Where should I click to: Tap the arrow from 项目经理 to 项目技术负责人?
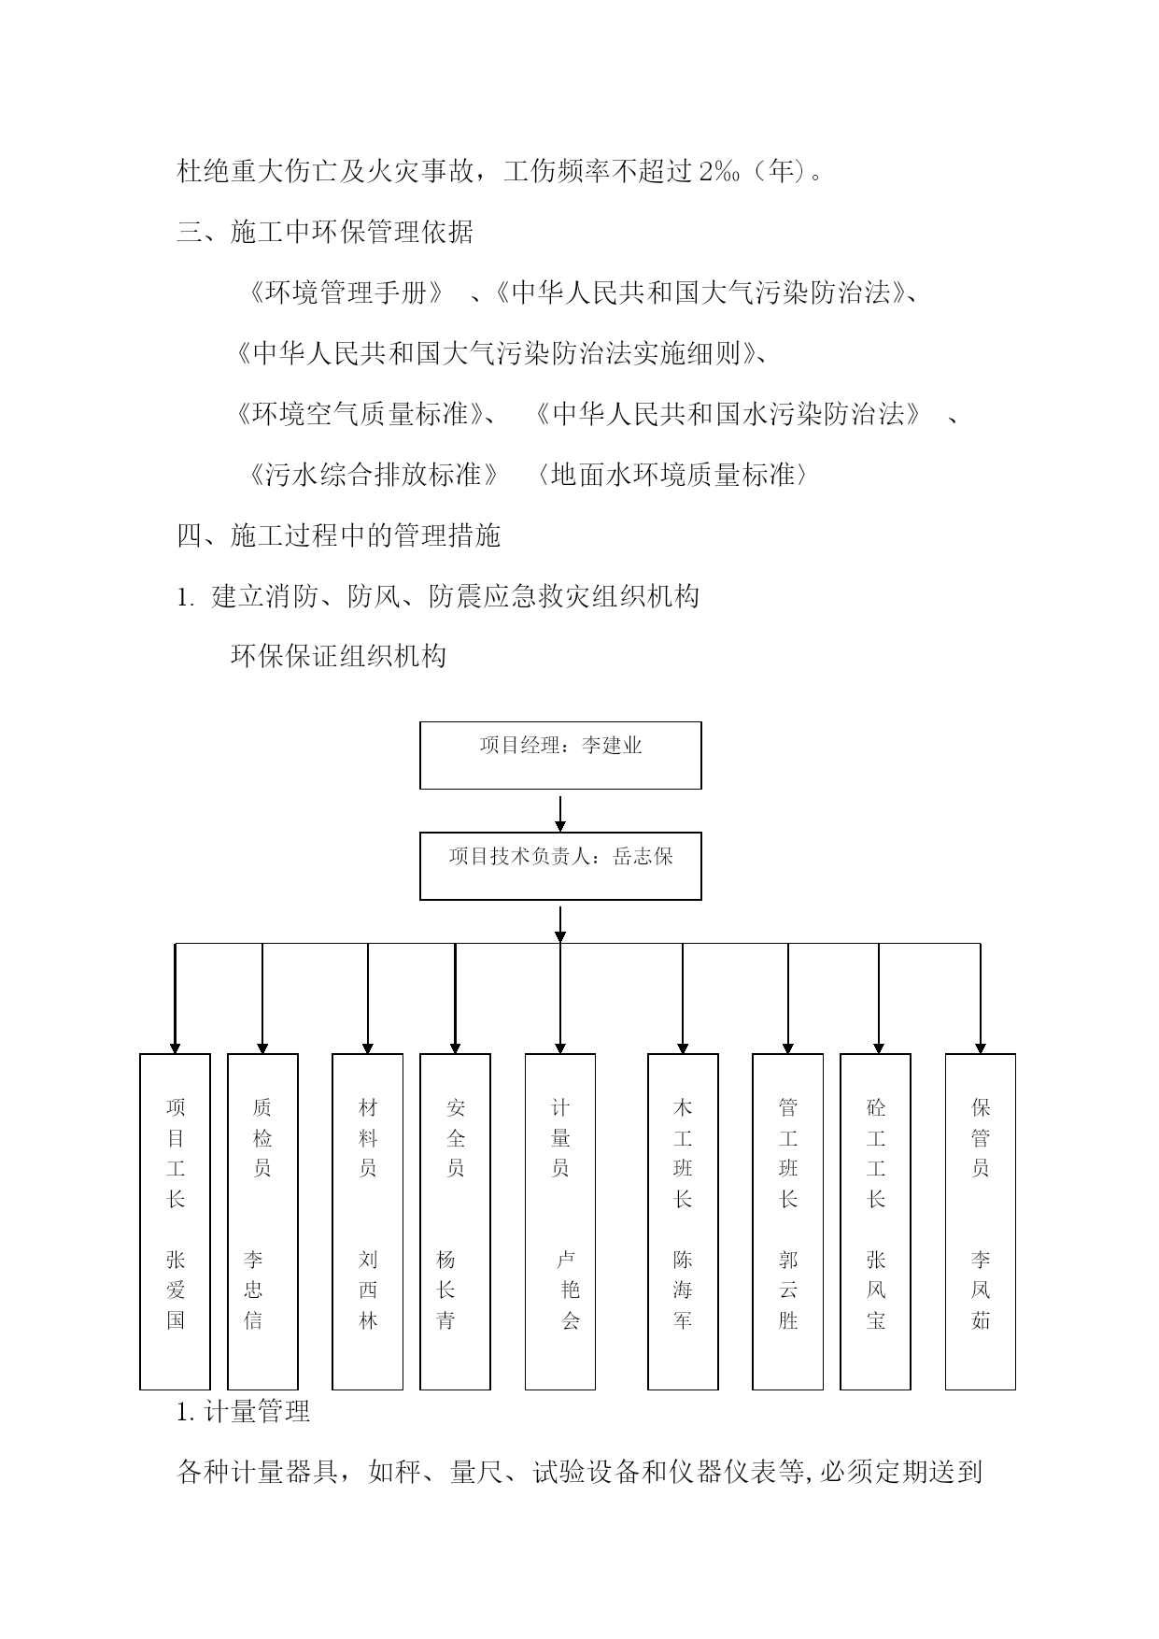point(560,813)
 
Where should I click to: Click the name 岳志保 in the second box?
point(643,856)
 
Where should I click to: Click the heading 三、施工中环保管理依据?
point(325,232)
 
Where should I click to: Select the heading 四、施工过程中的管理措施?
point(339,535)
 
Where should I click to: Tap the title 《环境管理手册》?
point(346,293)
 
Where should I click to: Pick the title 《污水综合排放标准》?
point(374,475)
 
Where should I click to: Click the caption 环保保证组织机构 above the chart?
point(338,656)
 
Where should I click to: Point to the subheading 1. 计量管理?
point(243,1411)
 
